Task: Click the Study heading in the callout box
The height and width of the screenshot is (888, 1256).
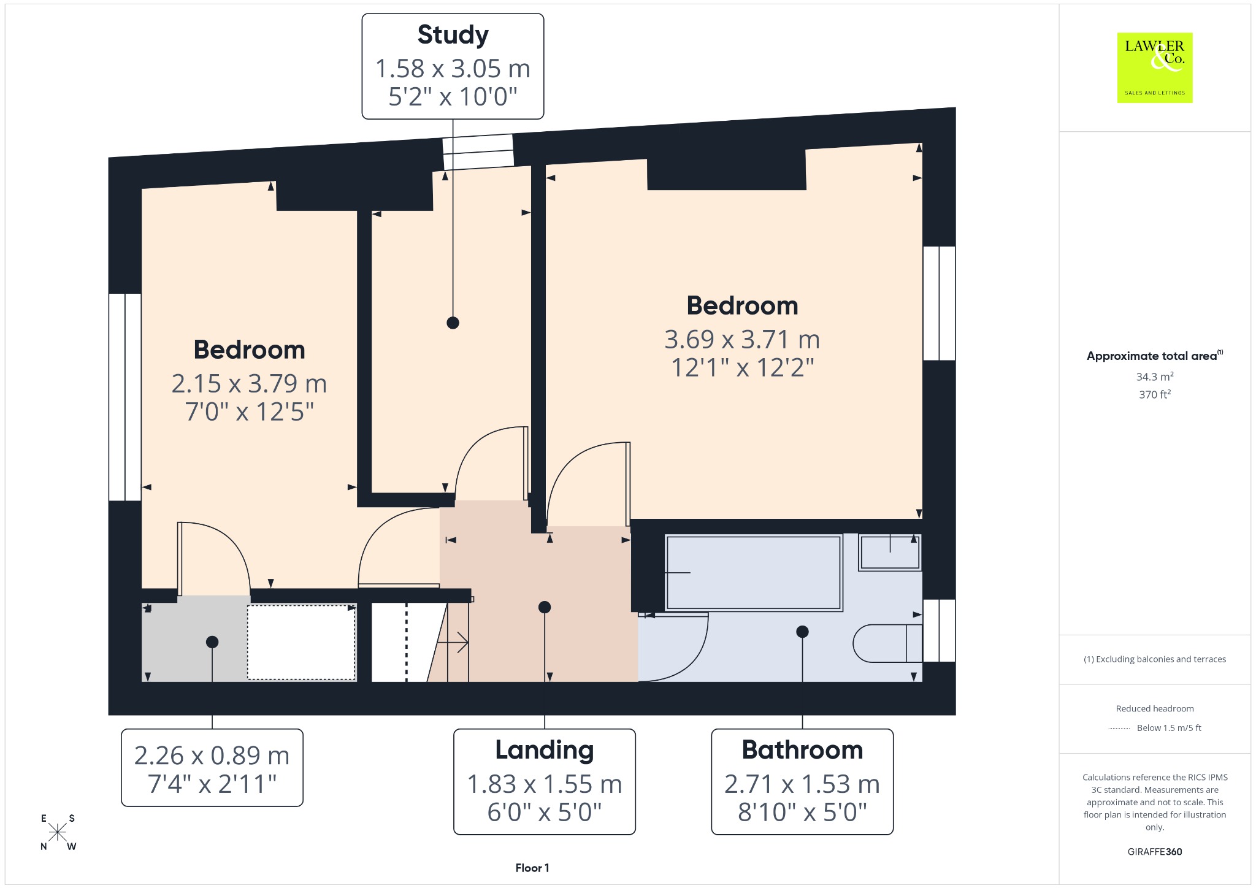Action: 453,35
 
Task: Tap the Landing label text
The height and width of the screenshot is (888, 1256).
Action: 545,750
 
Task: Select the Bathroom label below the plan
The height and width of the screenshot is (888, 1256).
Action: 802,750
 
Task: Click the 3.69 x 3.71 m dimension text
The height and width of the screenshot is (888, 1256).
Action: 742,339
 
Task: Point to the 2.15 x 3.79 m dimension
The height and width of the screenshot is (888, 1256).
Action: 249,383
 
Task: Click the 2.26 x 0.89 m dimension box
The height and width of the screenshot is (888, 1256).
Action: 212,767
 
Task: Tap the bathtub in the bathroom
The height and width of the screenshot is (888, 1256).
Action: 753,573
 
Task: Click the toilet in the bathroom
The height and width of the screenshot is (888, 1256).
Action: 887,643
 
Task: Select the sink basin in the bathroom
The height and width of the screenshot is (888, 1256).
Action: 890,553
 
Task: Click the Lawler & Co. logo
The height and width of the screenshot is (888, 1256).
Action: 1155,67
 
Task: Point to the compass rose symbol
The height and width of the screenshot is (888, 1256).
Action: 58,832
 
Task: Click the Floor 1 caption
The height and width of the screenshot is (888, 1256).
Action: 532,868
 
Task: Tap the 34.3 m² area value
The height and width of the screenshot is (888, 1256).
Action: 1155,377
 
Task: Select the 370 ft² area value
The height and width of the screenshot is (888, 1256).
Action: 1155,394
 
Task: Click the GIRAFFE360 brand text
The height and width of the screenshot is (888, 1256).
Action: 1155,851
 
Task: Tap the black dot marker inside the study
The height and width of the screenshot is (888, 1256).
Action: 453,323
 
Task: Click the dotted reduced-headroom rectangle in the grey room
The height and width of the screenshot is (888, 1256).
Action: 301,642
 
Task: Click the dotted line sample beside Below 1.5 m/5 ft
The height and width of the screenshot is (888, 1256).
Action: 1119,729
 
